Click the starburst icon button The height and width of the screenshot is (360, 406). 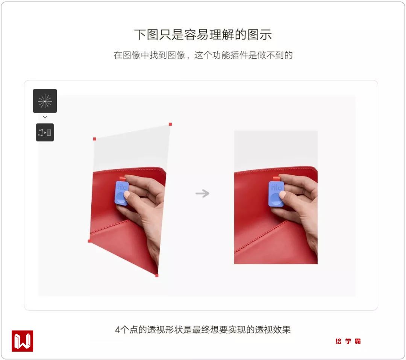point(45,101)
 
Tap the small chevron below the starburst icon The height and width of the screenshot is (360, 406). point(45,117)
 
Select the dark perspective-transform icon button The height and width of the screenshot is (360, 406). point(45,132)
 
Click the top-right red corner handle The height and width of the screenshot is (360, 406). point(170,125)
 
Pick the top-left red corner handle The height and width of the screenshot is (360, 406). point(94,139)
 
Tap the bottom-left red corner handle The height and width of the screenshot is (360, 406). point(89,241)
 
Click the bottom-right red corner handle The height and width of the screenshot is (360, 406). point(157,275)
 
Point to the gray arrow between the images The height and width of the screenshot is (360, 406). point(202,193)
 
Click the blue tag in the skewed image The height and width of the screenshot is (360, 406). point(121,193)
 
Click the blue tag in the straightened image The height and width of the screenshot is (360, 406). point(276,193)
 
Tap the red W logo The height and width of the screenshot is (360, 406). point(22,341)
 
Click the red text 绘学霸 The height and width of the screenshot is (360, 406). point(348,341)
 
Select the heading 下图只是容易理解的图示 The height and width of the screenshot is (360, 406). point(203,35)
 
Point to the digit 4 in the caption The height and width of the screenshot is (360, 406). point(118,330)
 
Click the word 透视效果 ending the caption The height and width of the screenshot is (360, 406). point(273,330)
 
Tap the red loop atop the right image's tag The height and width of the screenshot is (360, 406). point(276,179)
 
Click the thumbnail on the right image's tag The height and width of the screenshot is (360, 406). point(282,195)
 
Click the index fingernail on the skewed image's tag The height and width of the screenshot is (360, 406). point(127,194)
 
